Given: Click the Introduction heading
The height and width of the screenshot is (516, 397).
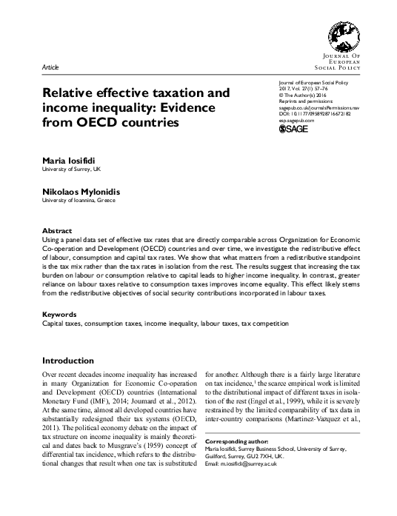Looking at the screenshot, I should pyautogui.click(x=72, y=361).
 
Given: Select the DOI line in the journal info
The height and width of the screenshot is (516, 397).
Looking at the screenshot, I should pyautogui.click(x=321, y=113).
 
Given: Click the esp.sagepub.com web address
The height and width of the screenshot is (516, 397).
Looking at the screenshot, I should pyautogui.click(x=294, y=120).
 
